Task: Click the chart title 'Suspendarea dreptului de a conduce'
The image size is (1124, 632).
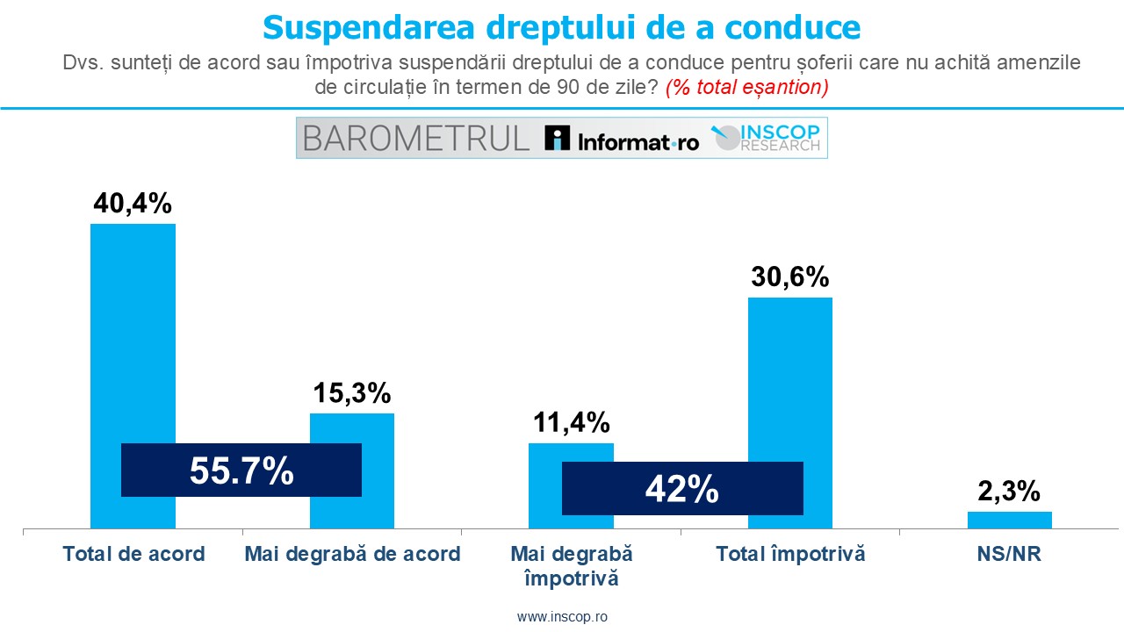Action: click(x=562, y=27)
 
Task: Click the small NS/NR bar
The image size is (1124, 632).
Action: click(x=1009, y=520)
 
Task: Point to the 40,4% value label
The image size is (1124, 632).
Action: click(x=133, y=204)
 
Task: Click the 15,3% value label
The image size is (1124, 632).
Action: click(x=352, y=393)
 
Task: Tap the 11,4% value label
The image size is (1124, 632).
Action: click(x=571, y=422)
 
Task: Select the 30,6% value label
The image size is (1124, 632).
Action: click(x=789, y=276)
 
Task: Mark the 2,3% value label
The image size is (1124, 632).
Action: click(x=1009, y=490)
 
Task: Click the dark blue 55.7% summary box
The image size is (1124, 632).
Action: click(x=241, y=470)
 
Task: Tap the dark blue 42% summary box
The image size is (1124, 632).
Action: click(x=682, y=489)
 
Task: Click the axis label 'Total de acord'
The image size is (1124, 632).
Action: click(x=133, y=554)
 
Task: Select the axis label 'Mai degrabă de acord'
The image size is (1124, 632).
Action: click(x=352, y=554)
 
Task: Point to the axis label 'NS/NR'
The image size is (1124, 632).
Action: click(x=1009, y=554)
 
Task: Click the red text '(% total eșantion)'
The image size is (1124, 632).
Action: click(x=746, y=88)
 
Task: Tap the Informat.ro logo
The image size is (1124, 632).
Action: click(x=622, y=139)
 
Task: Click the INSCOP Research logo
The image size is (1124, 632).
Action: click(x=766, y=138)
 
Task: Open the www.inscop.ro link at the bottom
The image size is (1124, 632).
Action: click(x=562, y=616)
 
